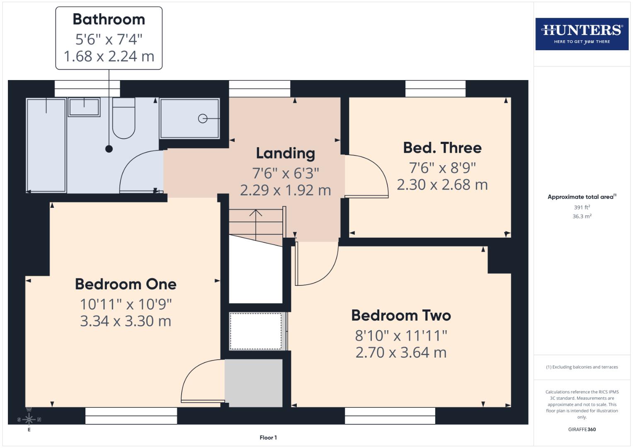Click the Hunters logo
[582, 34]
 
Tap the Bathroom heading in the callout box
[109, 19]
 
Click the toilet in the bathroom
[124, 119]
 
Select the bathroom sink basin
[84, 107]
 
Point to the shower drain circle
[203, 119]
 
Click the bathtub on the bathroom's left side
[46, 145]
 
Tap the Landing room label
[285, 153]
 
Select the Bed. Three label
[442, 148]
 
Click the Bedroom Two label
[401, 315]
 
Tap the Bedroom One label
[126, 284]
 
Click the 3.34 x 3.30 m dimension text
[126, 321]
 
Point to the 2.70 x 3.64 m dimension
[401, 353]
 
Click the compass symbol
[29, 419]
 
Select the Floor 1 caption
[268, 437]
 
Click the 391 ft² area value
[582, 207]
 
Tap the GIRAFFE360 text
[582, 429]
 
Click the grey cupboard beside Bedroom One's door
[254, 383]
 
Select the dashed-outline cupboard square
[256, 331]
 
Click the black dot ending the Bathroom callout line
[109, 149]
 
